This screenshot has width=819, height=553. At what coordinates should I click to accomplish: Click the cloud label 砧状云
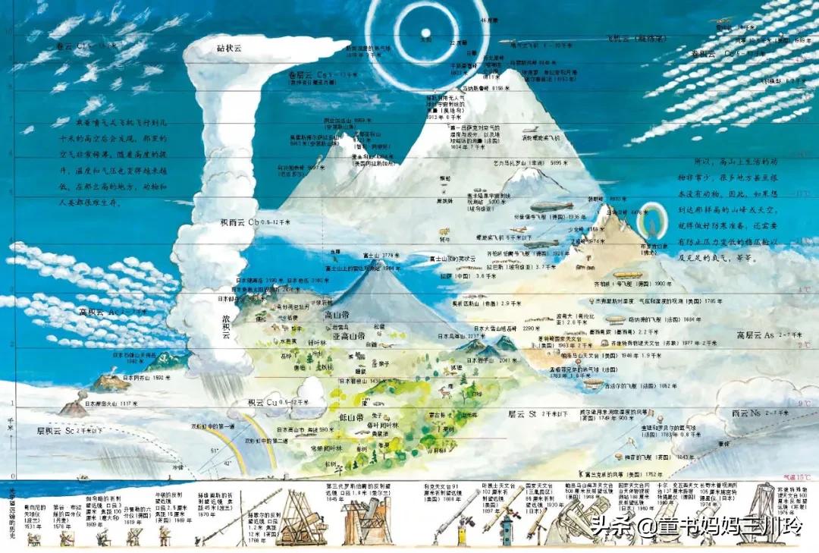[x=228, y=47]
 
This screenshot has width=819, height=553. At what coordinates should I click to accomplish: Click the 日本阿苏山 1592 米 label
[x=140, y=377]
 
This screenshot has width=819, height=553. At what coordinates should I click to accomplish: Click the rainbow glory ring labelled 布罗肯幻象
[x=651, y=225]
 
